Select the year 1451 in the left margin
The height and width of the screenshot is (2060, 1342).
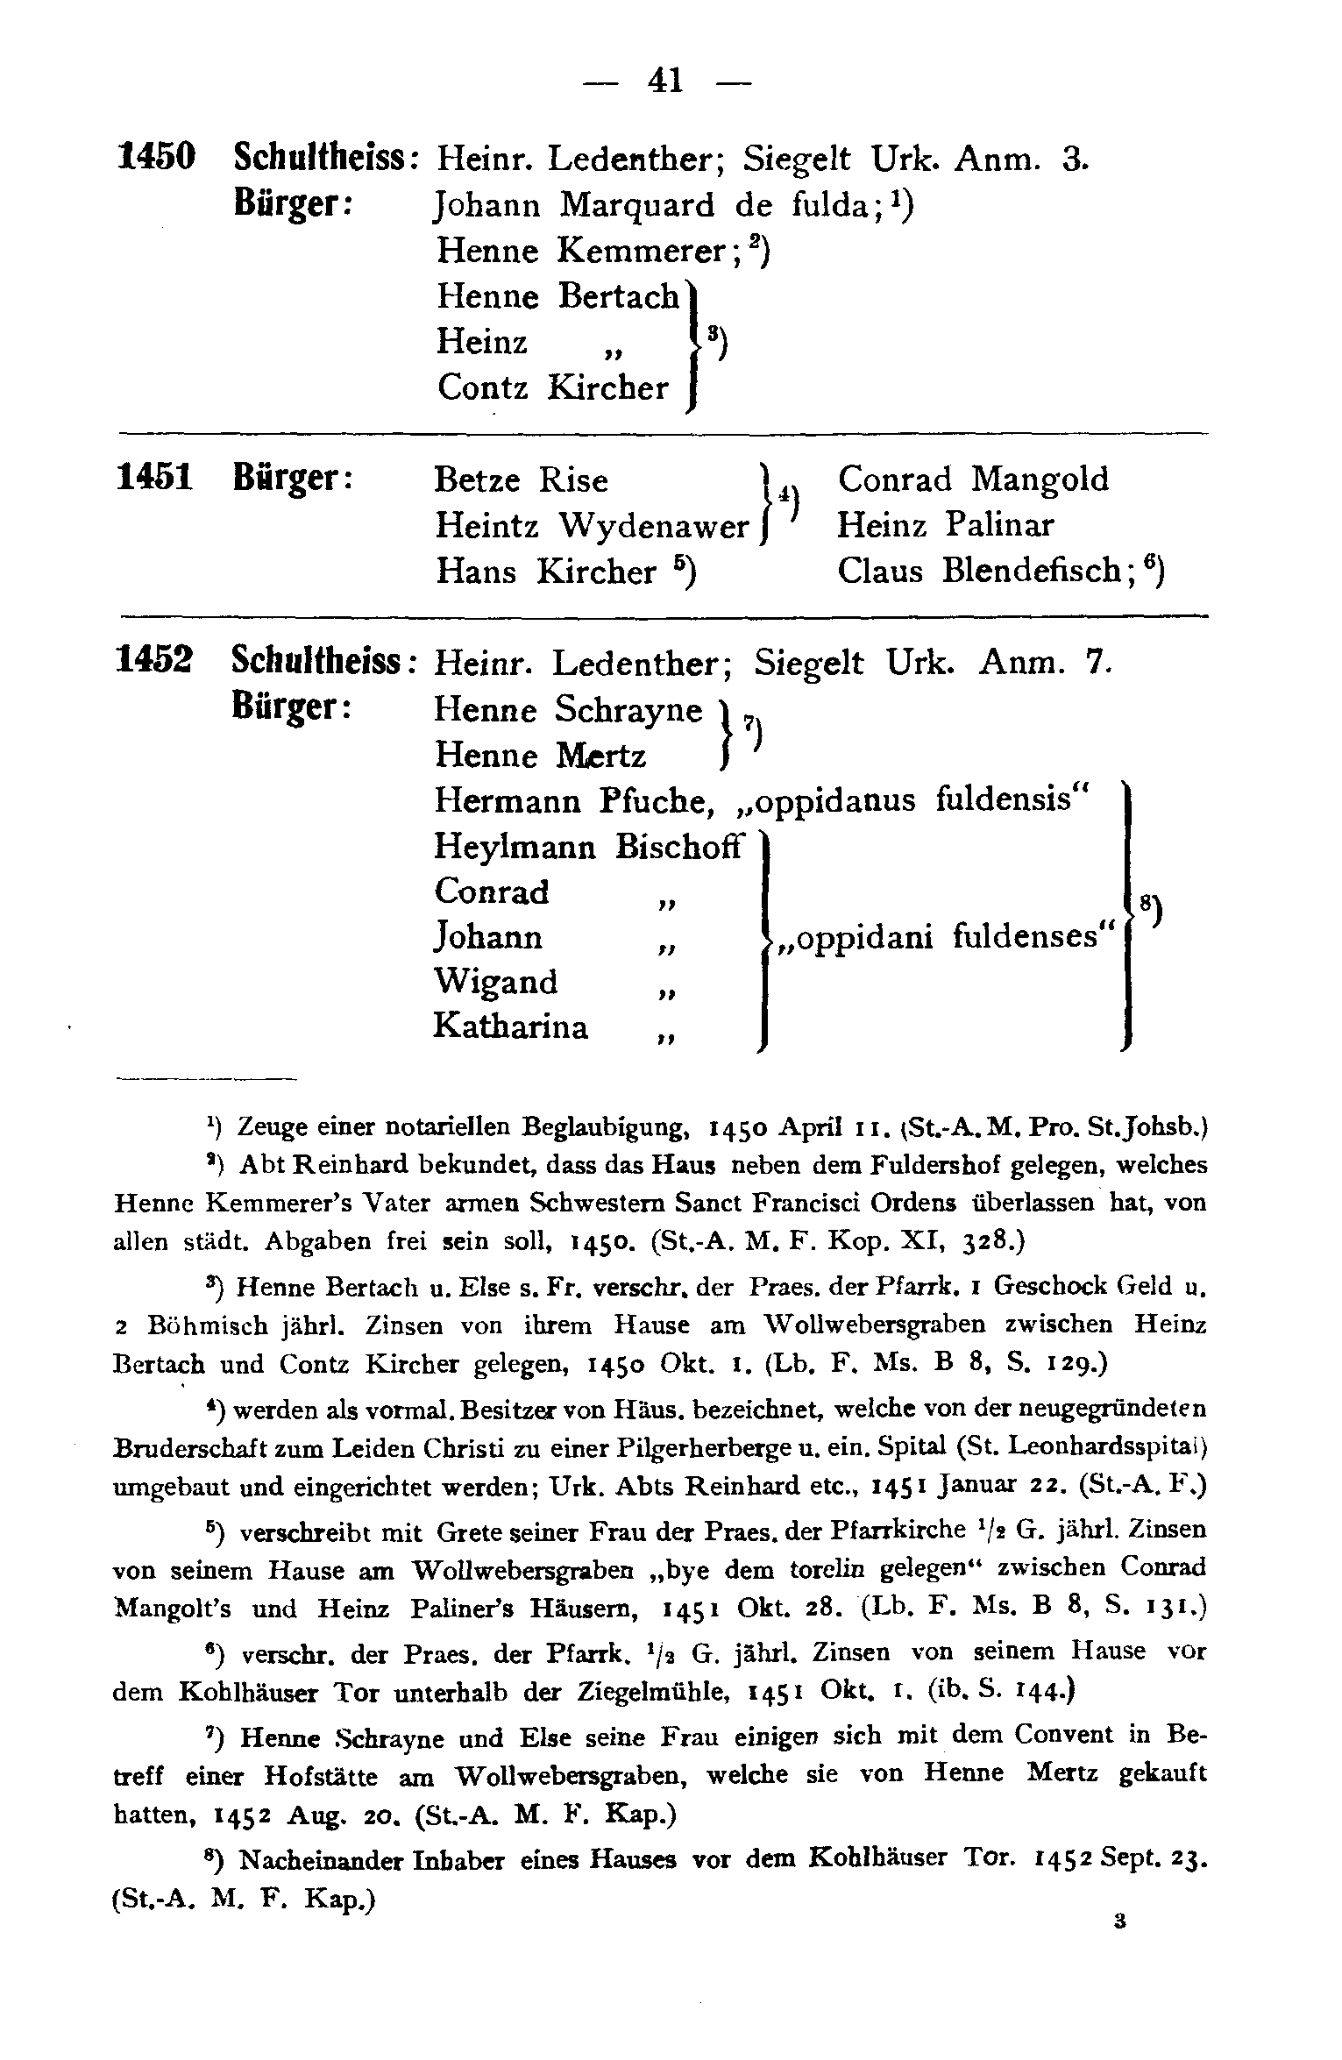[155, 479]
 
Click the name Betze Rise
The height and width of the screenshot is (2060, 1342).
[522, 480]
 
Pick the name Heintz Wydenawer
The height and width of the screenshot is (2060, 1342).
[591, 526]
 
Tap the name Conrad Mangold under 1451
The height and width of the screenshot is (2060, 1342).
[973, 479]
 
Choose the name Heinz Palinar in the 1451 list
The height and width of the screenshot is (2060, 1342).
[946, 525]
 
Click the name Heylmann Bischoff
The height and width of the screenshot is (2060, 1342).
[588, 847]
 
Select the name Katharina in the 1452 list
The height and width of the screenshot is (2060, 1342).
[511, 1026]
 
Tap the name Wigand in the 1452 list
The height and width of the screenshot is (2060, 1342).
[495, 981]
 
